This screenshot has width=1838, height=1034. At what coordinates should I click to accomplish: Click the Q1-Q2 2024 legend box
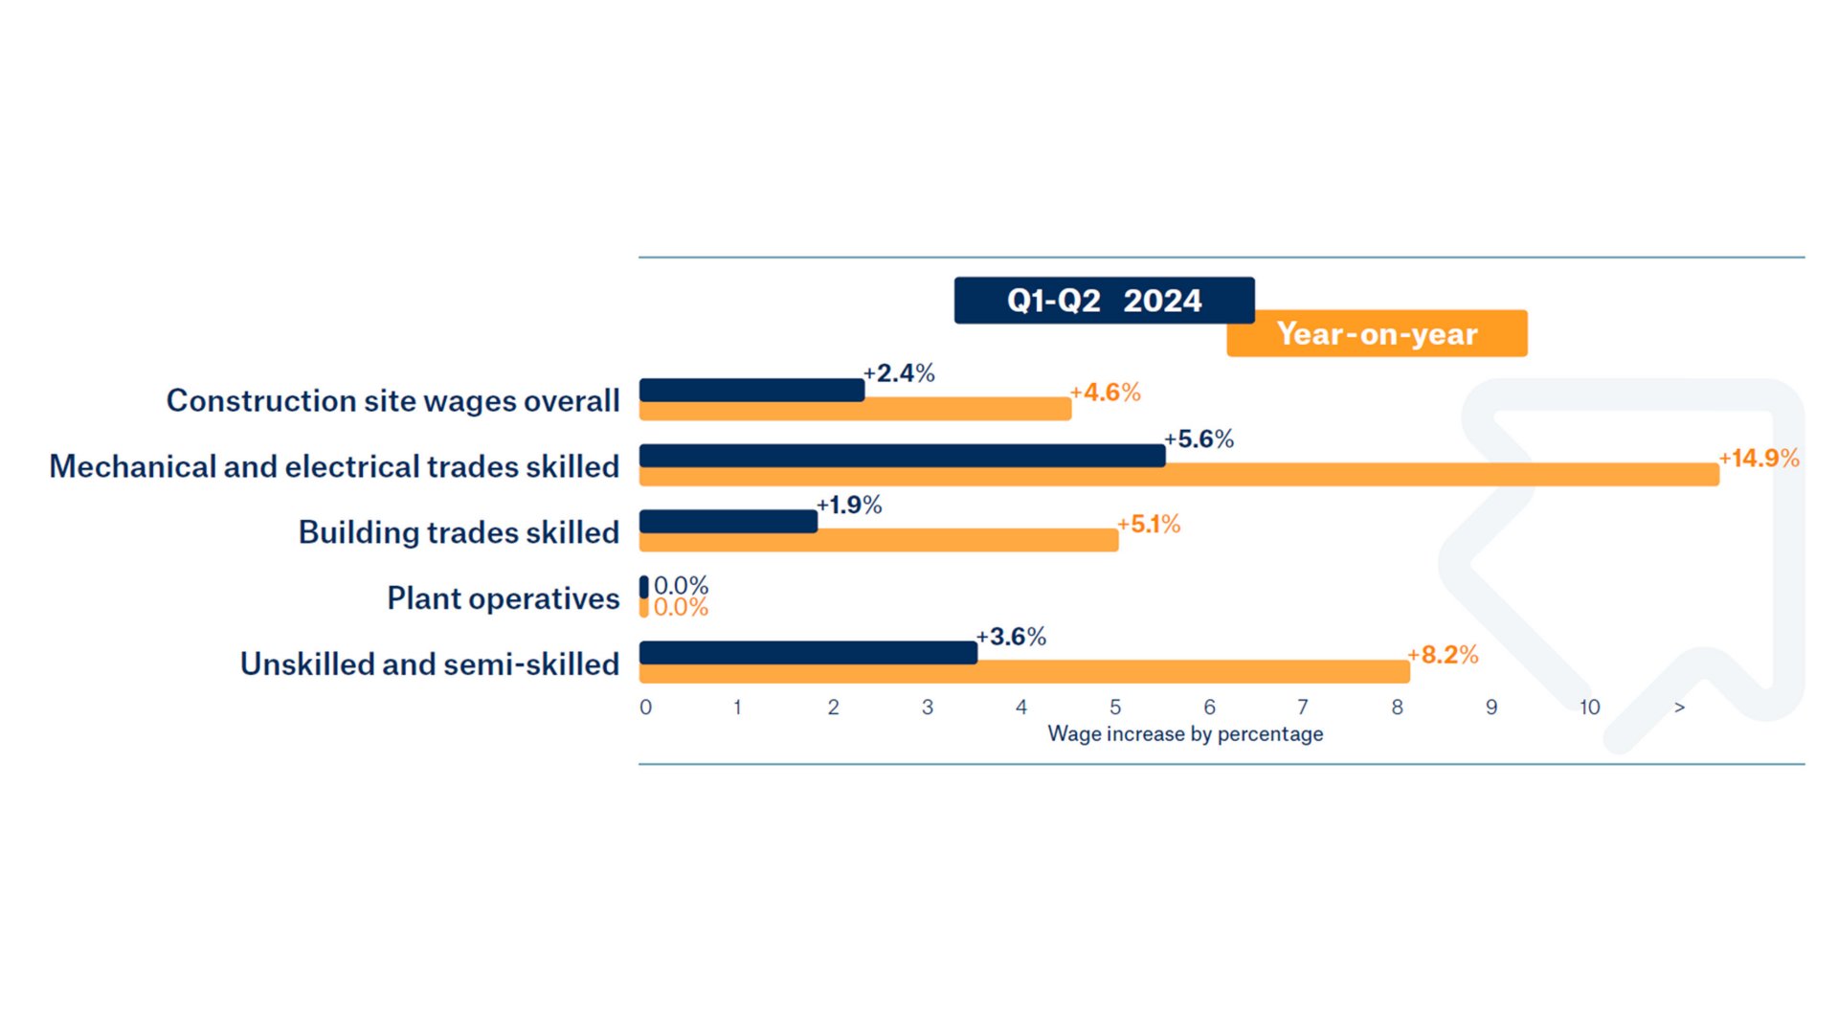(x=1103, y=301)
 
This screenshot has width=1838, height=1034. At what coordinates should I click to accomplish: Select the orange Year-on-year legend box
(x=1377, y=334)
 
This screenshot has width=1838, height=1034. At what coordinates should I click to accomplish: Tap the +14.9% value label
(x=1759, y=459)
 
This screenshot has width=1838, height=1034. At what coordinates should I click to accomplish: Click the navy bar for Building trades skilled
(x=728, y=521)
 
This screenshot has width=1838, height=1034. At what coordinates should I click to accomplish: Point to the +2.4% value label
(x=899, y=373)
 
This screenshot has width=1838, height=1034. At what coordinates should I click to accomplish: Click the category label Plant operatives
(x=503, y=598)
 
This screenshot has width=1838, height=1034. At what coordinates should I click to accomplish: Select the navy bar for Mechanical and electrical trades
(x=902, y=455)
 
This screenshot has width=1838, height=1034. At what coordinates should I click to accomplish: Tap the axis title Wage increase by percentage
(x=1185, y=734)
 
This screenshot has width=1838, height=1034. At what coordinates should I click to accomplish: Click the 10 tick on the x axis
(x=1589, y=708)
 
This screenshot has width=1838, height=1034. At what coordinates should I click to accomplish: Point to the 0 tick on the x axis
(x=645, y=708)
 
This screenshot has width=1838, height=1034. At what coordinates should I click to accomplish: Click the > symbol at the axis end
(x=1679, y=708)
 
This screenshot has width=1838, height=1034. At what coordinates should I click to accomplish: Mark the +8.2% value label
(x=1443, y=655)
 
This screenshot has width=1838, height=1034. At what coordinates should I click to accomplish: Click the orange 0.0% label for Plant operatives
(x=681, y=608)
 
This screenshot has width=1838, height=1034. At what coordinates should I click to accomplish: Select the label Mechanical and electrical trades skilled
(x=334, y=466)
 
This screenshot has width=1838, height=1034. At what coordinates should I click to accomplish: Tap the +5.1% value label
(x=1149, y=525)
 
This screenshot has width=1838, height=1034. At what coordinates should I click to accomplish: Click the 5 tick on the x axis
(x=1115, y=708)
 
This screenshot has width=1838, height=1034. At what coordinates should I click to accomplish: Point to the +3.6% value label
(x=1011, y=637)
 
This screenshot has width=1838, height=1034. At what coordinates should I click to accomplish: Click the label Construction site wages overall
(x=392, y=400)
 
